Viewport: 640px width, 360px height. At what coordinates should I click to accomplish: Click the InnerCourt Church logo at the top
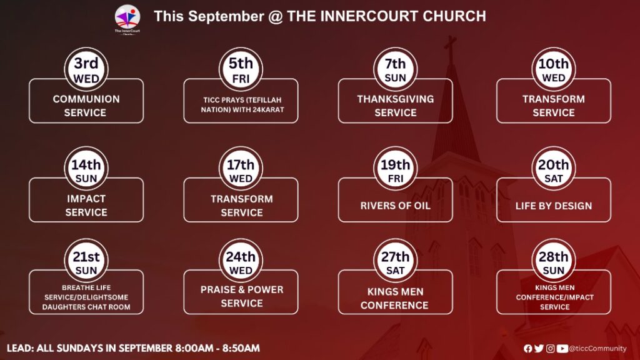tap(127, 19)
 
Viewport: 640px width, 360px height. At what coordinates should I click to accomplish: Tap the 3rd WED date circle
tap(86, 69)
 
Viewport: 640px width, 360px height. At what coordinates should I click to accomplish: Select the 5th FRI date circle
tap(241, 69)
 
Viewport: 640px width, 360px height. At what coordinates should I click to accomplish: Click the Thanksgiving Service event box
tap(395, 101)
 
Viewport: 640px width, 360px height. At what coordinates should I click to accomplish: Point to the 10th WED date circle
tap(554, 69)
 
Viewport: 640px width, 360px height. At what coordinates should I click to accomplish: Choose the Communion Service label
tap(86, 106)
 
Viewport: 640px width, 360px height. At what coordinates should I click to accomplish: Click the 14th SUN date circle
tap(86, 169)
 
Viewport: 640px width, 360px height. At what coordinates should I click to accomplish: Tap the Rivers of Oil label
tap(395, 206)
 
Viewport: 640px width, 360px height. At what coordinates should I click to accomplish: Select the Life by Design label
tap(554, 206)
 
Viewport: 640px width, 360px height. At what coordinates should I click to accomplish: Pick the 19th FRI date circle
tap(395, 169)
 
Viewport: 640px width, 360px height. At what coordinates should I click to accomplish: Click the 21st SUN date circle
tap(86, 261)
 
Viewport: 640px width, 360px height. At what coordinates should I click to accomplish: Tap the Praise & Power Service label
tap(242, 296)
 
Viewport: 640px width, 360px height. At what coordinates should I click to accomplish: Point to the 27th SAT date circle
tap(395, 261)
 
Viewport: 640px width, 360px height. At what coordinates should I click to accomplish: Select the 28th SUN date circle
tap(554, 261)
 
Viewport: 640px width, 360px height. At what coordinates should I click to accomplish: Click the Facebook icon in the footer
tap(527, 349)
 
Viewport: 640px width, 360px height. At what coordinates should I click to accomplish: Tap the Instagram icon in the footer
tap(550, 349)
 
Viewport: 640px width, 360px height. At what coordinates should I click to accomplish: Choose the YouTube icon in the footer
tap(562, 349)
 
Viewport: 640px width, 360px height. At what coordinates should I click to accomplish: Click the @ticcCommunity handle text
tap(597, 349)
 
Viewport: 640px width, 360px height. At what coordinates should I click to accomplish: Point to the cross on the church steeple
tap(450, 47)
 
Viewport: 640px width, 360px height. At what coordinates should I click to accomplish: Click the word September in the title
tap(226, 16)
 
